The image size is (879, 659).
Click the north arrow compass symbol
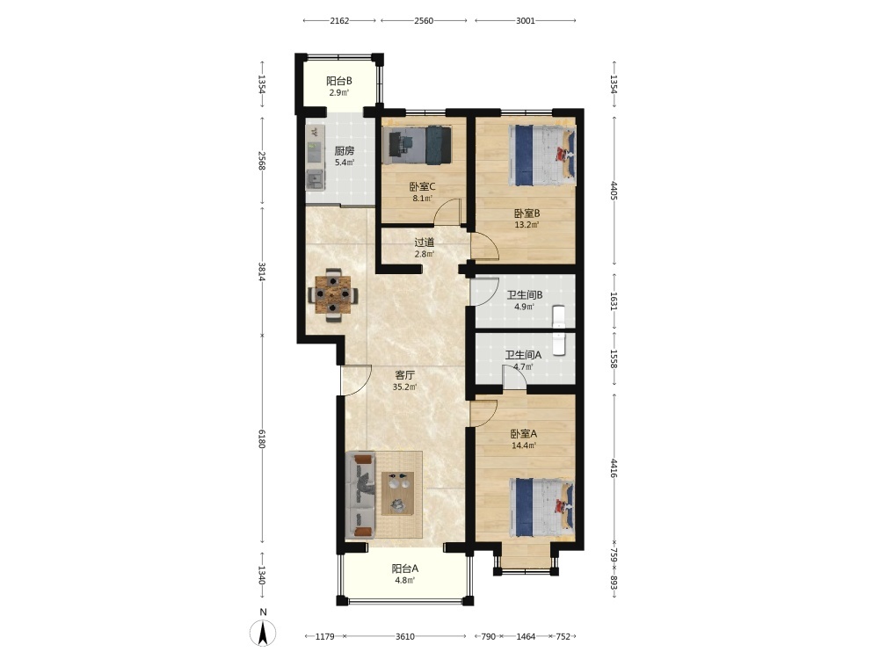point(263,634)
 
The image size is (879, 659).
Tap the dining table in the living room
point(333,294)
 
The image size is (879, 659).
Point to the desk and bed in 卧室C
point(417,145)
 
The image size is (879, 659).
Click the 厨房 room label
point(345,151)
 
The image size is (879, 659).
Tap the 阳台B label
point(338,81)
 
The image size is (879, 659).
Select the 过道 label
point(424,243)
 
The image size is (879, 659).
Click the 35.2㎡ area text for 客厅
point(404,387)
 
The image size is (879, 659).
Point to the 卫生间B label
point(524,294)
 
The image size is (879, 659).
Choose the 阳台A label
point(404,568)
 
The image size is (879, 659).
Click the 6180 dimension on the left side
point(262,438)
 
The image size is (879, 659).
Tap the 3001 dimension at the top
point(526,21)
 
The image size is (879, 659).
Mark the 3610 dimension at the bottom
point(404,636)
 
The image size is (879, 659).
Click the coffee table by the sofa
point(398,493)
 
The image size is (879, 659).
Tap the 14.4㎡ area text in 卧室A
point(524,446)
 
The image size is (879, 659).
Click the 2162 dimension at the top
point(339,21)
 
